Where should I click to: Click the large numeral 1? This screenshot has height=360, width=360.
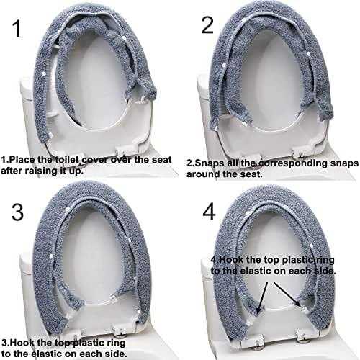[17, 29]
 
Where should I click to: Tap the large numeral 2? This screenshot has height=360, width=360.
[207, 25]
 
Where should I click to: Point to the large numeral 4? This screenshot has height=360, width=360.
[209, 212]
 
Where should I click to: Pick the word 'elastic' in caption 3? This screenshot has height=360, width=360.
[46, 354]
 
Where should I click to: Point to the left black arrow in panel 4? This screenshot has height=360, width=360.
[262, 297]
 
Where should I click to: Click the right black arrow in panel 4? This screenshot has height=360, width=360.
[287, 294]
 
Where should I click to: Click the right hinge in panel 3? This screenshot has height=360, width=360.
[120, 330]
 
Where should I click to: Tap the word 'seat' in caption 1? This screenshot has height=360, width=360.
[163, 160]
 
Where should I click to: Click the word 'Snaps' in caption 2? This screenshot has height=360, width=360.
[207, 163]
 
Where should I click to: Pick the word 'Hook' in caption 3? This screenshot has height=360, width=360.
[21, 343]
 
